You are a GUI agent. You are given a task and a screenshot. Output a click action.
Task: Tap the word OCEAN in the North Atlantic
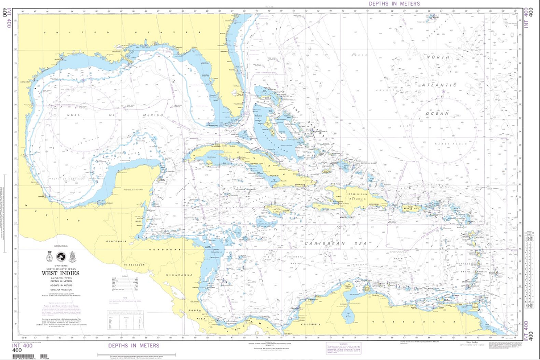pos(438,113)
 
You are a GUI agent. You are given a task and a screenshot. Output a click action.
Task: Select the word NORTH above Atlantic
pos(438,57)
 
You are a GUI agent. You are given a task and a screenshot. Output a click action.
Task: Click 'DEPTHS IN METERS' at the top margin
pos(394,3)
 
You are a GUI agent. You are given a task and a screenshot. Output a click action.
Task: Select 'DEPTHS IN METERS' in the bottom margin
pos(134,345)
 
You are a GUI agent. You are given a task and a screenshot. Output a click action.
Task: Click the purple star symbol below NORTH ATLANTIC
pos(442,91)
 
